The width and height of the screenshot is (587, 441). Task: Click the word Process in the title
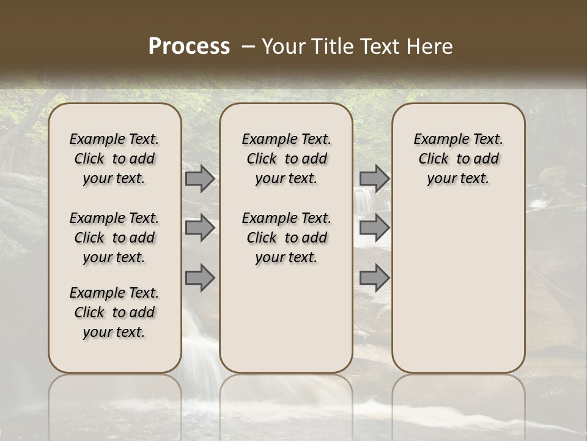[189, 46]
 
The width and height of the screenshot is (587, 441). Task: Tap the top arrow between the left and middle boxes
[200, 179]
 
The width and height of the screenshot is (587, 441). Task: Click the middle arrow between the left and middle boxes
[200, 228]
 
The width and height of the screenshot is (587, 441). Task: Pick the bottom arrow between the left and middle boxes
[200, 277]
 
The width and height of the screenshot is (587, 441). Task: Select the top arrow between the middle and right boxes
[374, 179]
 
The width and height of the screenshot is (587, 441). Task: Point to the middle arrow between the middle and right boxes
[374, 228]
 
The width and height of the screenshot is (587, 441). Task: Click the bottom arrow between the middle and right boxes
[374, 277]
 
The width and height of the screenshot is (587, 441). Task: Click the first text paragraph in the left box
[114, 159]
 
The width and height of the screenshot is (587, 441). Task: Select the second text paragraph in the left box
[114, 238]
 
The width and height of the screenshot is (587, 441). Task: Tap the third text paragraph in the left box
[114, 312]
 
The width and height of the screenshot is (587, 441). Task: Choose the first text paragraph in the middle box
[286, 159]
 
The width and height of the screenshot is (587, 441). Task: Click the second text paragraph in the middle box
[286, 238]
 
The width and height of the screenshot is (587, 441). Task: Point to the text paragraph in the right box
[458, 159]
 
